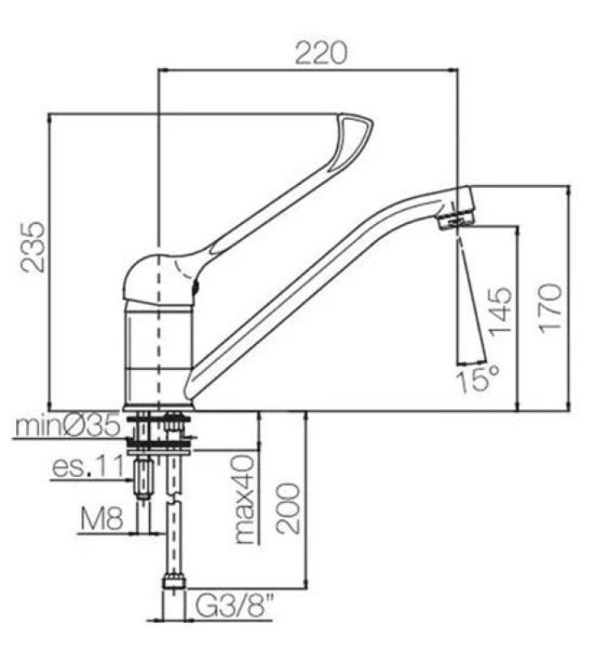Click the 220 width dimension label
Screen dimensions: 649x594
[x=320, y=54]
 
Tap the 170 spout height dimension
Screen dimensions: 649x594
[x=551, y=307]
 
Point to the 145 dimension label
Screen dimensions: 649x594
[x=501, y=311]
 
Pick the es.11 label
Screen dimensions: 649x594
[x=88, y=468]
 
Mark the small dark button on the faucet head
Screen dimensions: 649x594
[x=195, y=288]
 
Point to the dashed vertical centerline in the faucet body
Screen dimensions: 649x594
[x=160, y=341]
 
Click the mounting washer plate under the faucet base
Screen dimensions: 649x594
[x=159, y=442]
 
